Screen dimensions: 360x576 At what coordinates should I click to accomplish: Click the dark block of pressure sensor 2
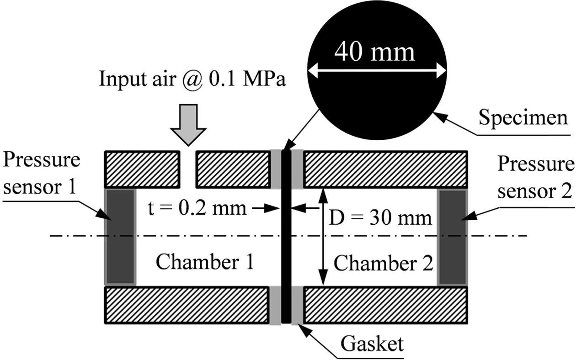click(452, 237)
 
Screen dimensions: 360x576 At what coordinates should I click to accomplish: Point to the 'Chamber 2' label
click(383, 264)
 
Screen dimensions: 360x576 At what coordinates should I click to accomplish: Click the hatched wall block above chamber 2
click(385, 169)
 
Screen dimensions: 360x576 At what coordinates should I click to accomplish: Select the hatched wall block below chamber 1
click(187, 306)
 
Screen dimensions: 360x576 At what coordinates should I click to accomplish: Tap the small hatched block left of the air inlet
click(142, 169)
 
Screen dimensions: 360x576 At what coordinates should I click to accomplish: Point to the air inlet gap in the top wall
click(187, 169)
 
